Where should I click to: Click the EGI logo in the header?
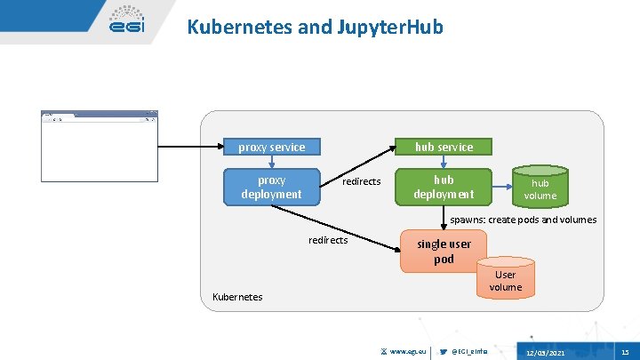126,23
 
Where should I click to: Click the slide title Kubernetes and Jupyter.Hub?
315,28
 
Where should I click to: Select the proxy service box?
271,147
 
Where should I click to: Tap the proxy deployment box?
271,187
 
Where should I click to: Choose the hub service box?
444,147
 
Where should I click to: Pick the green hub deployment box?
443,187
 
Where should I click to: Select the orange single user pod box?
444,252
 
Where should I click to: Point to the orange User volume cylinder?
506,279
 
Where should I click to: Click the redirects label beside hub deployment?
361,181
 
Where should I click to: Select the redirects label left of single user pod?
328,240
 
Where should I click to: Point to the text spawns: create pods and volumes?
523,220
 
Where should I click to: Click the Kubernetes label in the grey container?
237,296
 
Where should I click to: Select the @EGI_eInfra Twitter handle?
470,352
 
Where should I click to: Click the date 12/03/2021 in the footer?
544,353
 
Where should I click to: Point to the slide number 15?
625,352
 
